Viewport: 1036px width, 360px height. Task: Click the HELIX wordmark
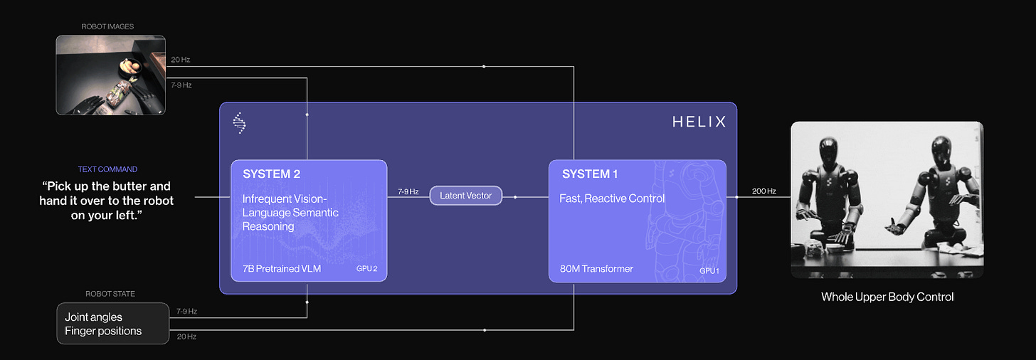pos(699,122)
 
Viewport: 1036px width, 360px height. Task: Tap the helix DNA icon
pos(239,122)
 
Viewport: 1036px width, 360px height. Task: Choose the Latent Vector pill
pos(466,196)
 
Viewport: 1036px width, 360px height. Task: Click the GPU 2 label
pos(367,269)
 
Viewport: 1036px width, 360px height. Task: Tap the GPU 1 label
pos(709,270)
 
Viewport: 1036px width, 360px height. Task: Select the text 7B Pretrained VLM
pos(282,268)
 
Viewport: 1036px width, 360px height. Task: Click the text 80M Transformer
pos(596,268)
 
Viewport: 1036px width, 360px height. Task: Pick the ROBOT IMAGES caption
pos(107,26)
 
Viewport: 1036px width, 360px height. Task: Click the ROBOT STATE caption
pos(110,294)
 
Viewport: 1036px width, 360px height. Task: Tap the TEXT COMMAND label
pos(107,169)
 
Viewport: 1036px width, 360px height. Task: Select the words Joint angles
pos(93,317)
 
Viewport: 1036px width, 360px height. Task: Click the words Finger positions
pos(103,331)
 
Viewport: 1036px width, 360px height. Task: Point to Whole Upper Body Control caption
pos(887,297)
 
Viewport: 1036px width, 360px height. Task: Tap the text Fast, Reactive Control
pos(612,198)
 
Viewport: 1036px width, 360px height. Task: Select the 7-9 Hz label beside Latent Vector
pos(408,191)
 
